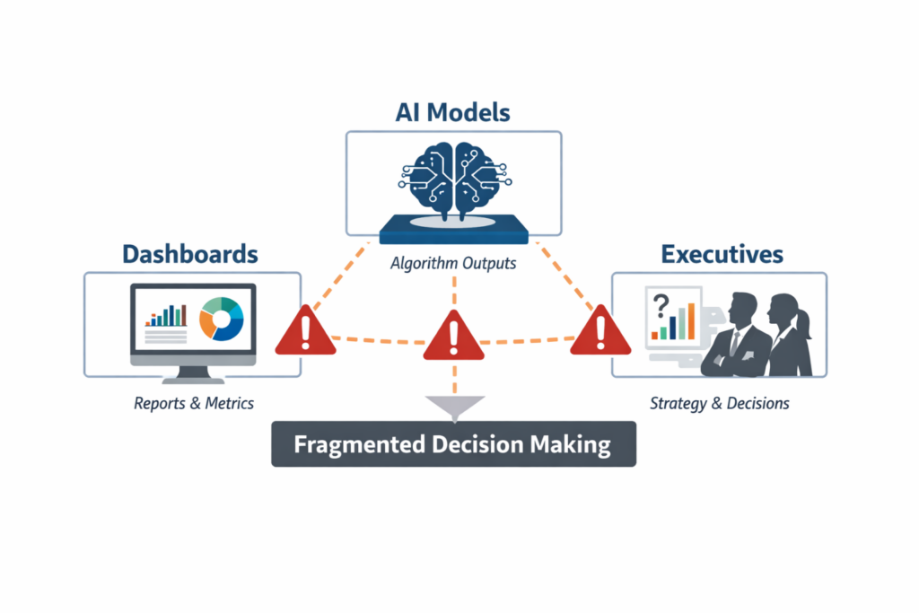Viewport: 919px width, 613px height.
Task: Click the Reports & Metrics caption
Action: pos(194,403)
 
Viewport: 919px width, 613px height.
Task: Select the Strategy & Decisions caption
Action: pos(720,403)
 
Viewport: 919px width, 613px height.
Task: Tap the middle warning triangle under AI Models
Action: pos(453,336)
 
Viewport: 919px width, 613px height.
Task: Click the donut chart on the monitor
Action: pos(222,319)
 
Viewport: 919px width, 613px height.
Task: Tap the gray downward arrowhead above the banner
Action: pos(454,407)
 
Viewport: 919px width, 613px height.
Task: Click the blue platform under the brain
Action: pos(453,232)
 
